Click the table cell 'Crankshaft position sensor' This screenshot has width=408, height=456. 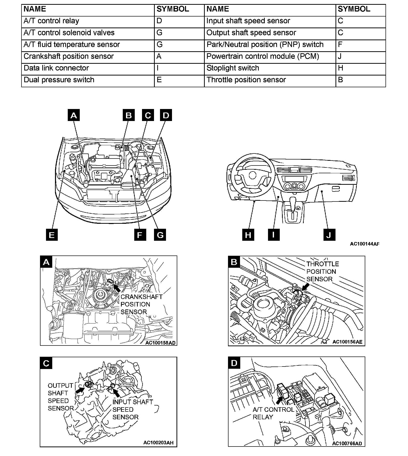(88, 57)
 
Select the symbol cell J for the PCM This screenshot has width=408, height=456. (360, 57)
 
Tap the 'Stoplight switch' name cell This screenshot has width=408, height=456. (270, 68)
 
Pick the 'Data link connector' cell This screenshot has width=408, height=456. (88, 68)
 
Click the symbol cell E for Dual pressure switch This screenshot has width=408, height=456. (179, 80)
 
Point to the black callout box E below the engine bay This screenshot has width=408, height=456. (52, 235)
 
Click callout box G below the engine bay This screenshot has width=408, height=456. (160, 235)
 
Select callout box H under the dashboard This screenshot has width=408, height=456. (248, 235)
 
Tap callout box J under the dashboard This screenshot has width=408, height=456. (329, 235)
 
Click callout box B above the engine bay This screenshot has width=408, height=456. (128, 115)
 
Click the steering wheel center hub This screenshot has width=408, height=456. (252, 175)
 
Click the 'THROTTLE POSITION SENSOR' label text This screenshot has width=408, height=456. (322, 271)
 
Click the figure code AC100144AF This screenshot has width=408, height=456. (364, 244)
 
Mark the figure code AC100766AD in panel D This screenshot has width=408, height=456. (347, 443)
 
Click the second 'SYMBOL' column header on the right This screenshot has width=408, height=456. (354, 9)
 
